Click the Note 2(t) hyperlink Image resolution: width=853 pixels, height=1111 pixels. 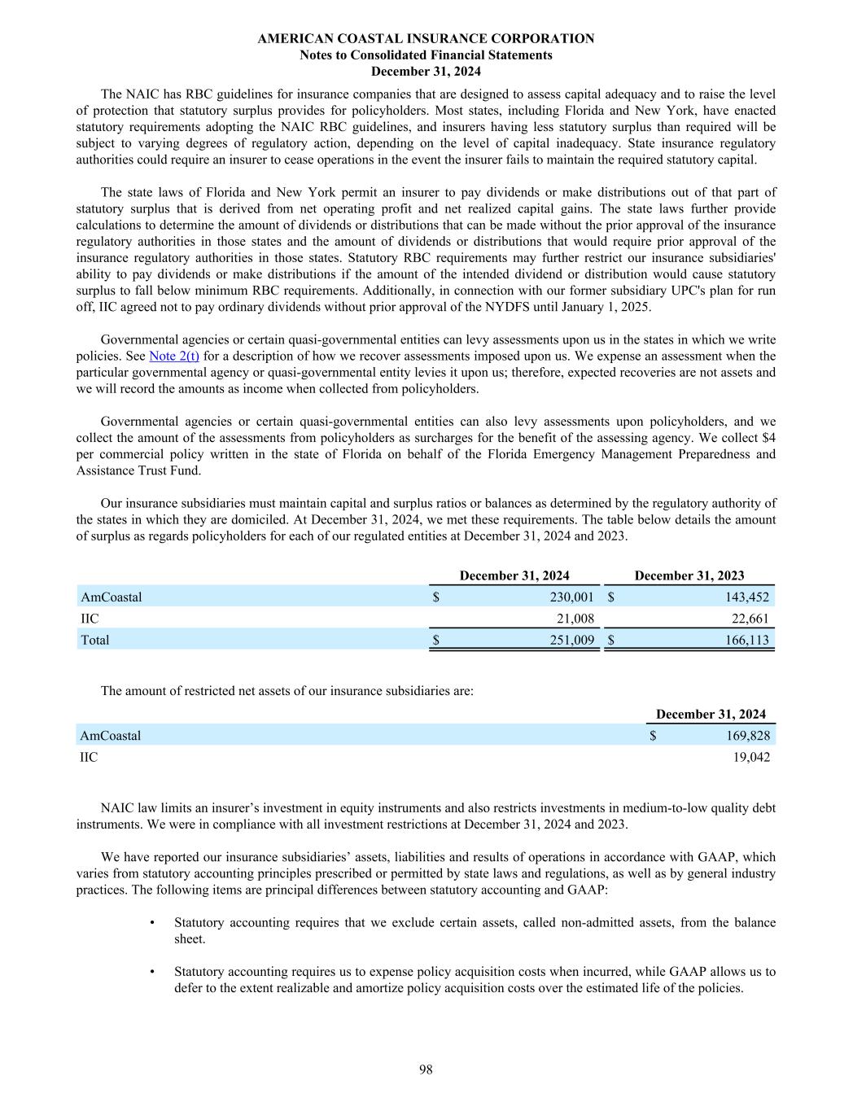click(x=174, y=356)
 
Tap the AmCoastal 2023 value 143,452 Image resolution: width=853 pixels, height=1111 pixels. click(x=746, y=597)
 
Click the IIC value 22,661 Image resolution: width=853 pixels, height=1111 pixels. click(x=749, y=619)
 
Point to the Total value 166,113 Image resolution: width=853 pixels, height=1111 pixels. click(x=746, y=640)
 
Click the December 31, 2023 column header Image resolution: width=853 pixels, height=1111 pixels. click(x=689, y=575)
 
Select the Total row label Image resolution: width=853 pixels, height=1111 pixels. click(x=94, y=640)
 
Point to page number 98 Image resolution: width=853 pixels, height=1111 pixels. click(x=426, y=1069)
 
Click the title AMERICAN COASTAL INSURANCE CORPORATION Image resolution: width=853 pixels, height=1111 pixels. click(x=426, y=38)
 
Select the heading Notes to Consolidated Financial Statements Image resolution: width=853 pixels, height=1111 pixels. click(x=426, y=55)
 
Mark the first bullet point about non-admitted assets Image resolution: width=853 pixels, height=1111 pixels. click(x=153, y=923)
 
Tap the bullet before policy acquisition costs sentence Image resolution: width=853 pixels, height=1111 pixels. click(x=153, y=972)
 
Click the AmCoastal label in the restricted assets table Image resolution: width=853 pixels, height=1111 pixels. click(x=110, y=736)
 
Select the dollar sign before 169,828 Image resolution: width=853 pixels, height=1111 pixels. click(x=653, y=736)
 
